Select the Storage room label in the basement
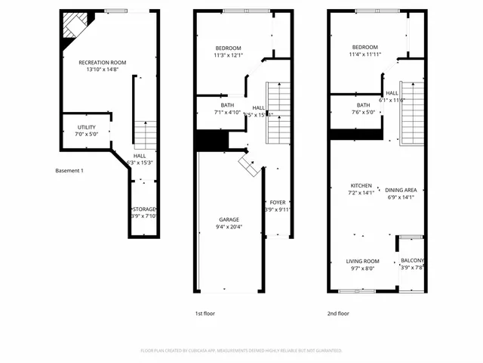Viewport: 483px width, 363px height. pyautogui.click(x=143, y=209)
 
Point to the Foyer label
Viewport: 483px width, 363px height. pyautogui.click(x=278, y=203)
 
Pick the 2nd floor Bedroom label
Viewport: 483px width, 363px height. pyautogui.click(x=365, y=48)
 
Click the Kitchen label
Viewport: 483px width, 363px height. pyautogui.click(x=361, y=185)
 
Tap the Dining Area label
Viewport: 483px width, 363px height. pyautogui.click(x=401, y=190)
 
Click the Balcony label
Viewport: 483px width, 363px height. pyautogui.click(x=412, y=261)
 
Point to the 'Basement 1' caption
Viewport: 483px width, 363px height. pyautogui.click(x=69, y=170)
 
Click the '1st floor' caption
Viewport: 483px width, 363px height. pyautogui.click(x=205, y=312)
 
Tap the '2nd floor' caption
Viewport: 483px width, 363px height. pyautogui.click(x=338, y=312)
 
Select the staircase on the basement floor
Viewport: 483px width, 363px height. pyautogui.click(x=144, y=135)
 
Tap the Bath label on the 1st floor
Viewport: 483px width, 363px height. pyautogui.click(x=227, y=105)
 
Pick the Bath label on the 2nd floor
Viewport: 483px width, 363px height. pyautogui.click(x=364, y=105)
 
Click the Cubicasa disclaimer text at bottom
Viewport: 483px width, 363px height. pyautogui.click(x=241, y=351)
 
